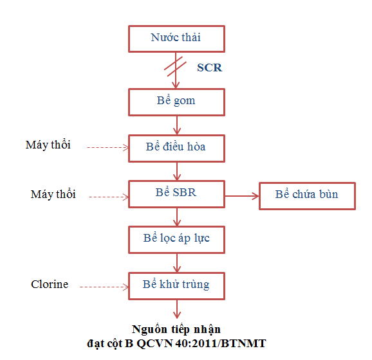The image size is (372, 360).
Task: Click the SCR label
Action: (x=209, y=67)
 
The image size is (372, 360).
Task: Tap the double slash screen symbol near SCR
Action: (x=175, y=66)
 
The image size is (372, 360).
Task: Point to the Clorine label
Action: (x=50, y=284)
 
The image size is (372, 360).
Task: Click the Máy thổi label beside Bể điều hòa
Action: (x=48, y=145)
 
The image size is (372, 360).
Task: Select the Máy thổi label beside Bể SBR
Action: (x=53, y=194)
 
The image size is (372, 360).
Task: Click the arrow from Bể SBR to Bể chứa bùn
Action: (x=242, y=196)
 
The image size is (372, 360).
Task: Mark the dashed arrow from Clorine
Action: (x=104, y=287)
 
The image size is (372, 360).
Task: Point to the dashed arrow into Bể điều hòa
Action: (x=107, y=147)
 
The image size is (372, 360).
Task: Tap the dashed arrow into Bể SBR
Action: (x=109, y=197)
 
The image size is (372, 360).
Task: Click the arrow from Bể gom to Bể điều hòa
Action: (x=177, y=125)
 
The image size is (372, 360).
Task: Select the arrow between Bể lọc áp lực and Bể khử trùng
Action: (x=177, y=263)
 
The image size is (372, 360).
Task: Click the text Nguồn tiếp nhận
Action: (x=176, y=329)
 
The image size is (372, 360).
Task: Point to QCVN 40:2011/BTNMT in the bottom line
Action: (x=201, y=343)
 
